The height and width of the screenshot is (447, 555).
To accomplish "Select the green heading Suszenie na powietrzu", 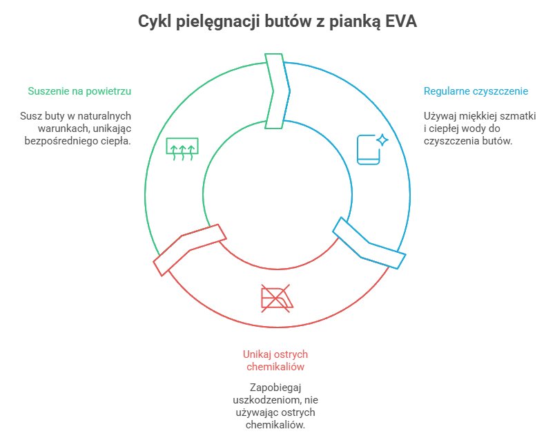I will click(x=79, y=91).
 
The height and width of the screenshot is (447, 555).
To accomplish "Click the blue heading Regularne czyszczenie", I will click(x=476, y=91).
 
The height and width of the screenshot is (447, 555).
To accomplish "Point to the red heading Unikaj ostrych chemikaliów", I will click(x=275, y=360).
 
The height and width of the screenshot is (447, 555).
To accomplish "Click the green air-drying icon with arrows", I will click(x=182, y=148).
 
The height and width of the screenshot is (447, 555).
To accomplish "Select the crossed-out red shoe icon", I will click(x=276, y=297).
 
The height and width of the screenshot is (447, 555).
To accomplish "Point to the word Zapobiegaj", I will click(x=276, y=388).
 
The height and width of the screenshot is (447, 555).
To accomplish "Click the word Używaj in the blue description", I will click(x=439, y=115).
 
